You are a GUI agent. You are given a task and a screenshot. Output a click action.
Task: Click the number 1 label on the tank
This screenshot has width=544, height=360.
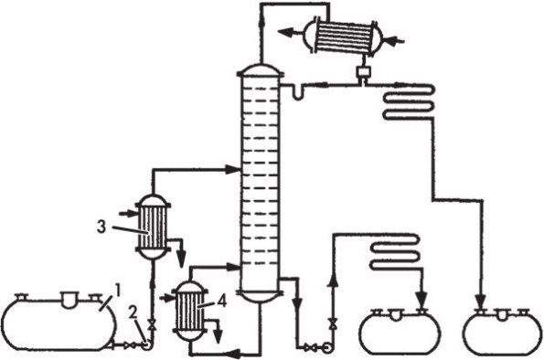(118, 291)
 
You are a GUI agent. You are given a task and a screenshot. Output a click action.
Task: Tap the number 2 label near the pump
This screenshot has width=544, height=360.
(133, 312)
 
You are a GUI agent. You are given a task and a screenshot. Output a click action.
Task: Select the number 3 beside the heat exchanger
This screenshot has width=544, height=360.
(101, 228)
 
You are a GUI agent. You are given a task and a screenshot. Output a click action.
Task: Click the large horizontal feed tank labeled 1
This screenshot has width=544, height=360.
(59, 323)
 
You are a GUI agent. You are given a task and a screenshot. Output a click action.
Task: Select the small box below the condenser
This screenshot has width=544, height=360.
(363, 72)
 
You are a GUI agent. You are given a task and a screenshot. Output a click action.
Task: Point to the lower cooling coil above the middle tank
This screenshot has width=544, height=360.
(396, 252)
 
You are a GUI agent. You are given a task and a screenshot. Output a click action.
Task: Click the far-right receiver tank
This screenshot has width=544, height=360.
(502, 331)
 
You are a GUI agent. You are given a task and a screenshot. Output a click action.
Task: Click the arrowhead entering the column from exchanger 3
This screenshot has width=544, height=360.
(232, 169)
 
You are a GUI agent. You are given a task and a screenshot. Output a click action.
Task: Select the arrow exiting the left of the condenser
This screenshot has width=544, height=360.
(290, 32)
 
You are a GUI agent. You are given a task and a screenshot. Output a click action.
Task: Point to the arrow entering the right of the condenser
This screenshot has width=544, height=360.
(394, 41)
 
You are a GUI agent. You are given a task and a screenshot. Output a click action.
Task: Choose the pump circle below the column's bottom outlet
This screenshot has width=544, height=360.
(326, 348)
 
